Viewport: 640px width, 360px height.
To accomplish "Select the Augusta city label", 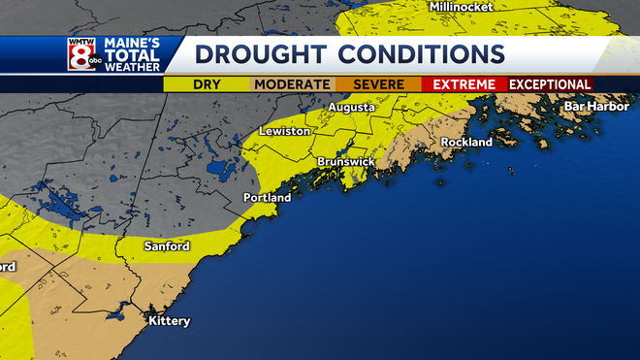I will click(x=351, y=107).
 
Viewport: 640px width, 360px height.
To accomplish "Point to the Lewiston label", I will click(x=284, y=130).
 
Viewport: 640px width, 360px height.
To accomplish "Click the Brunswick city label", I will click(x=345, y=162).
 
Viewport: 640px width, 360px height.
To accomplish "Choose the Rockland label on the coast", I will click(x=466, y=142).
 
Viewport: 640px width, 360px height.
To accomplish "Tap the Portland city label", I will click(x=267, y=198).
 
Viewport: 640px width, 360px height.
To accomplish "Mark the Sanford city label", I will click(x=167, y=246).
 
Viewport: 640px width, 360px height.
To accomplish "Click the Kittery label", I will click(x=169, y=321).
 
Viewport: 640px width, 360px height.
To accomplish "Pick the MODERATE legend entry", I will click(x=292, y=84).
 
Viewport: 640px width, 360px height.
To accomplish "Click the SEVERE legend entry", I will click(x=378, y=84).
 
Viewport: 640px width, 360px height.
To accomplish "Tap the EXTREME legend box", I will click(x=464, y=84).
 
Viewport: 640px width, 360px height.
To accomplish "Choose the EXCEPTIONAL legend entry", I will click(x=551, y=84).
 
